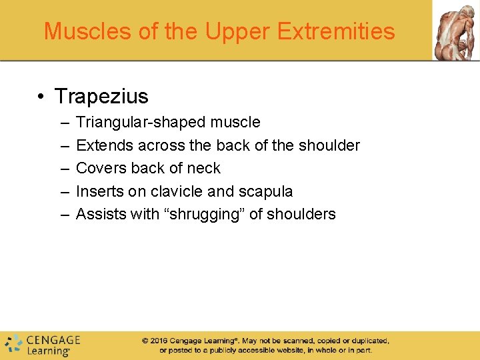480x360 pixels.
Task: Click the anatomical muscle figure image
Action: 456,30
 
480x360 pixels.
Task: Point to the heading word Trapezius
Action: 101,96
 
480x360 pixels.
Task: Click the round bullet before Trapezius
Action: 41,97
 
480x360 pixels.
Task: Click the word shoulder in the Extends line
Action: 329,145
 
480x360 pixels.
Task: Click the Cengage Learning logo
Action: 42,344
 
